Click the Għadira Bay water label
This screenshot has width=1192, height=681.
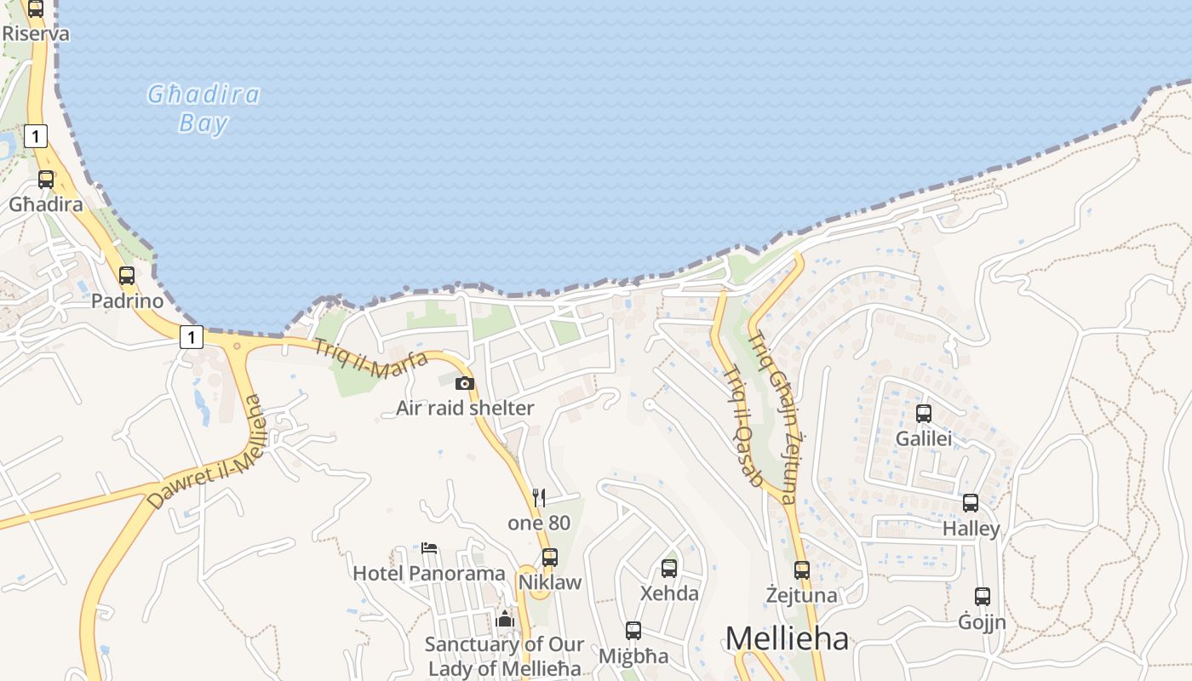(x=203, y=108)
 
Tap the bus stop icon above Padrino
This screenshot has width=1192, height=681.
(x=127, y=276)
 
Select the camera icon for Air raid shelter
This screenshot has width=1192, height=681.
(x=464, y=383)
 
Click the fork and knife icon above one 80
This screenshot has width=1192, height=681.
(x=538, y=497)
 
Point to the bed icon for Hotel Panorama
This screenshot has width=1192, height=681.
(x=429, y=547)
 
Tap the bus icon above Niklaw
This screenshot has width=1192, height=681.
(x=550, y=558)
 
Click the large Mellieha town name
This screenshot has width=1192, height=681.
(x=787, y=638)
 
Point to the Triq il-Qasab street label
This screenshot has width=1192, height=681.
(x=742, y=426)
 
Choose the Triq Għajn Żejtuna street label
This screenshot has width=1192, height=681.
(x=772, y=416)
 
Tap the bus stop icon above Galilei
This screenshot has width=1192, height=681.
(x=924, y=414)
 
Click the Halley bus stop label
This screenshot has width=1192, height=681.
(x=971, y=529)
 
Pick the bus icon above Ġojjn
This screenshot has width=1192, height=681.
(x=983, y=597)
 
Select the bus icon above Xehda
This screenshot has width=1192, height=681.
(x=669, y=568)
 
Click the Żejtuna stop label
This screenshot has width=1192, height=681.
(x=801, y=595)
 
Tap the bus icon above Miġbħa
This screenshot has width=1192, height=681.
(x=633, y=631)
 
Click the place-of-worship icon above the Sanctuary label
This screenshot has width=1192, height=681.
(x=505, y=619)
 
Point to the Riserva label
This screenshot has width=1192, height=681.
(x=36, y=34)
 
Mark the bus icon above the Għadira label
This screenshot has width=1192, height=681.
(x=46, y=180)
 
